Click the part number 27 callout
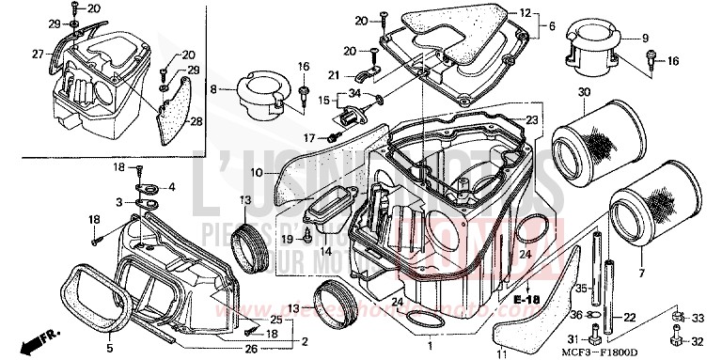coord(38,54)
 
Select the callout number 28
coord(196,121)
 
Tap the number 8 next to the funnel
coord(213,88)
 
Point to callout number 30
coord(583,91)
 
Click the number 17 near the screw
coord(306,138)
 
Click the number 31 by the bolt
coord(572,339)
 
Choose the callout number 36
coord(575,315)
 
